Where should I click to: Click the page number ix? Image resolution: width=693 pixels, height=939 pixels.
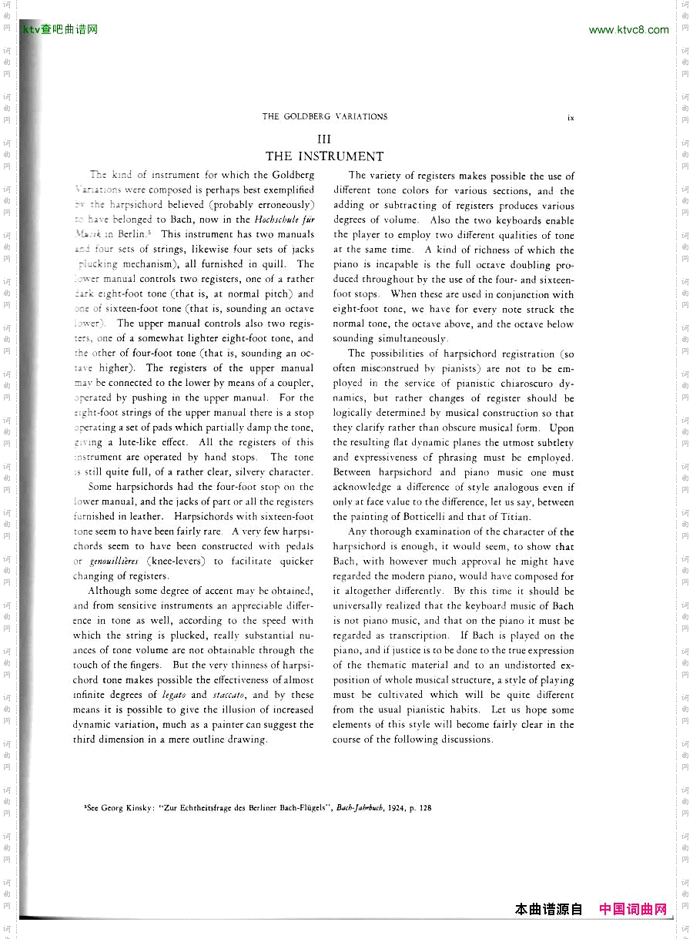pos(571,118)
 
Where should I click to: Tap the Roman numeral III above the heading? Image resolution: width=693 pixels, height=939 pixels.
pos(324,139)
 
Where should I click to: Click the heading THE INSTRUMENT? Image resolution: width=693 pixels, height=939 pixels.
pos(324,156)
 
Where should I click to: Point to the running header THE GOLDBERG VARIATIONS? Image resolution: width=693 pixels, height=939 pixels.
pos(324,117)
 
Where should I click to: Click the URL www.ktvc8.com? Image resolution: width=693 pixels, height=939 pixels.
pos(628,30)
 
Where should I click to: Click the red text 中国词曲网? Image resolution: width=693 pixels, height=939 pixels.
pos(632,910)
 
